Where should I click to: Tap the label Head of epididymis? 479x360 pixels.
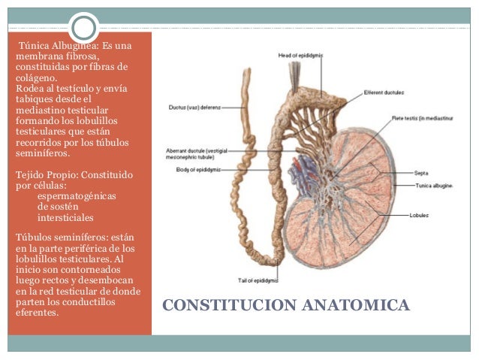[300, 55]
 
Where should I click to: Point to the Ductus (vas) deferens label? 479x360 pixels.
[194, 107]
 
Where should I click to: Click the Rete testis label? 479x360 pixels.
[420, 118]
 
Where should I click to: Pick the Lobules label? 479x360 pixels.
[420, 215]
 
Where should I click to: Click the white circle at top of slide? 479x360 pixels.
[85, 27]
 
